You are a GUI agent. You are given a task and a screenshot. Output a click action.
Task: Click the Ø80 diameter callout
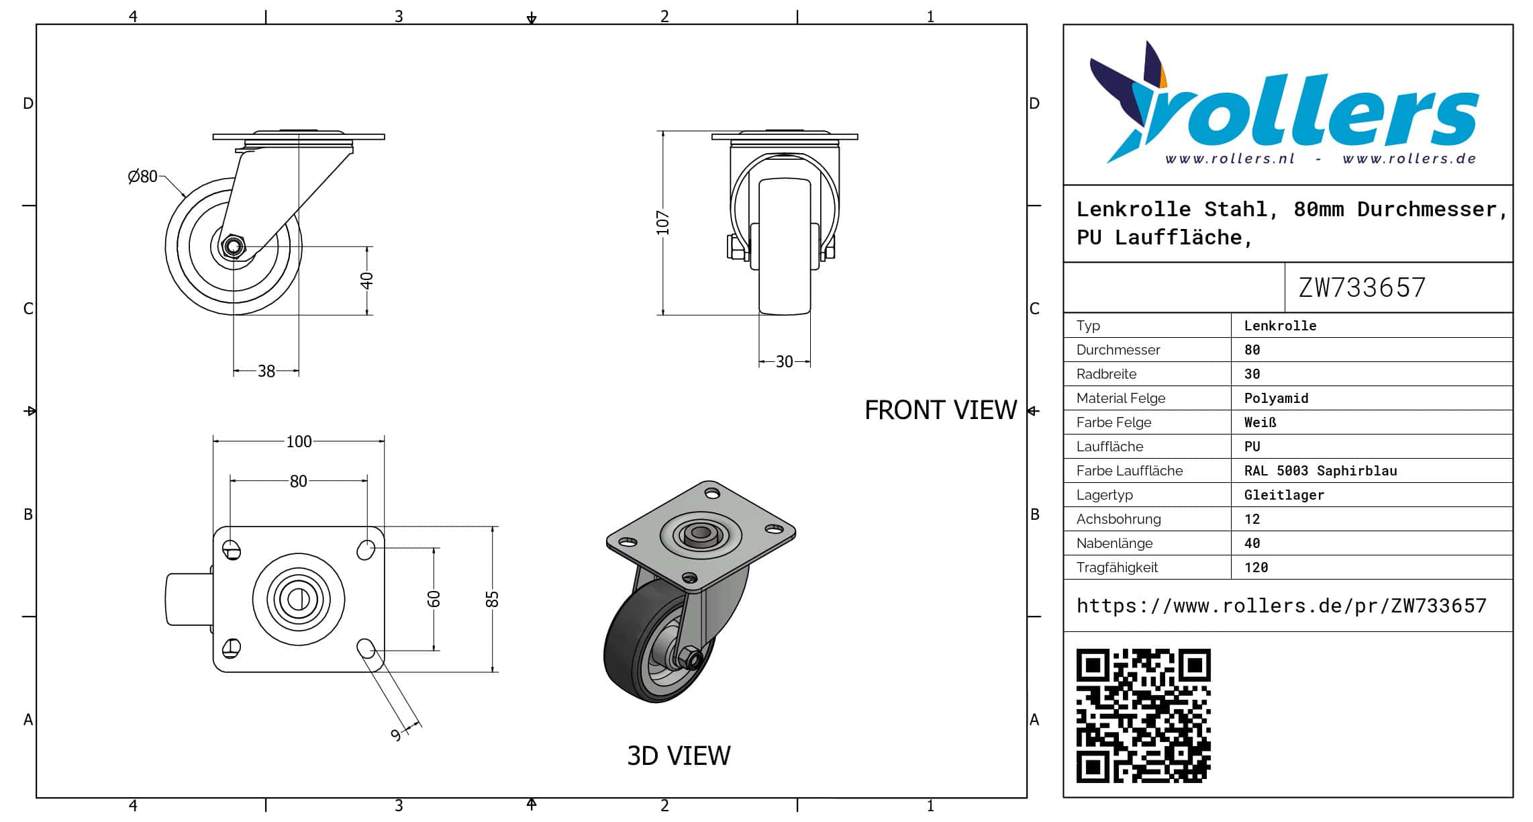[142, 177]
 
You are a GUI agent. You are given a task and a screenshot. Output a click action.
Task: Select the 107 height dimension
[663, 223]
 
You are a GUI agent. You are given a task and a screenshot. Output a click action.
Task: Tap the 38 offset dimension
[266, 371]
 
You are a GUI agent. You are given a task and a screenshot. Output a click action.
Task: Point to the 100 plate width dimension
[299, 441]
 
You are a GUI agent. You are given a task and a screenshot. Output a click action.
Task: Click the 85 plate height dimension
[492, 598]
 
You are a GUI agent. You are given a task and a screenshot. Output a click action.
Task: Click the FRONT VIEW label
[940, 410]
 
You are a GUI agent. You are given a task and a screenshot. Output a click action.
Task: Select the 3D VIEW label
[679, 756]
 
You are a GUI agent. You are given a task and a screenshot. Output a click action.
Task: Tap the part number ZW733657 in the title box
[1362, 288]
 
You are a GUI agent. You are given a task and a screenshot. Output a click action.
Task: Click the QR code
[1143, 716]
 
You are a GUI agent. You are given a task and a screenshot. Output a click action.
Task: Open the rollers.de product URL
[1281, 606]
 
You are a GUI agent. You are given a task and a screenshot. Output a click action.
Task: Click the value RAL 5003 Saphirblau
[1320, 471]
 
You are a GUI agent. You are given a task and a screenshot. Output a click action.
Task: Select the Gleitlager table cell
[1284, 495]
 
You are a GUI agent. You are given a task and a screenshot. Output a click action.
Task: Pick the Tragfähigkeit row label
[1117, 567]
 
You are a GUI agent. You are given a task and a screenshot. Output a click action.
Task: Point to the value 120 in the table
[1256, 567]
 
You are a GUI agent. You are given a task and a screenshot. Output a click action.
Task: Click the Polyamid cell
[1276, 398]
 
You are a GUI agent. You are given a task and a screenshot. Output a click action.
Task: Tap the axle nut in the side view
[233, 246]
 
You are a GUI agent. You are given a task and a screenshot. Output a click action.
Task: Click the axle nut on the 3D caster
[689, 657]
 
